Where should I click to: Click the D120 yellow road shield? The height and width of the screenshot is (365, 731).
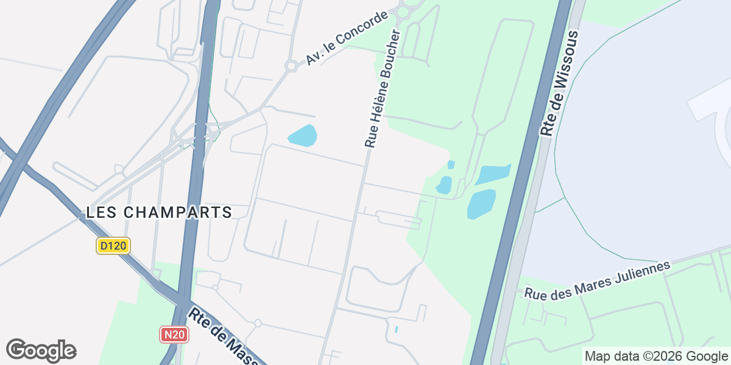pyautogui.click(x=113, y=246)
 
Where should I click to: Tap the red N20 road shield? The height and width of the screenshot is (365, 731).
pyautogui.click(x=174, y=334)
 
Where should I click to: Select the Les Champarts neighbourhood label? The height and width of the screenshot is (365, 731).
pyautogui.click(x=159, y=212)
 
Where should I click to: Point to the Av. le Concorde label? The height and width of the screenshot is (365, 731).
pyautogui.click(x=347, y=38)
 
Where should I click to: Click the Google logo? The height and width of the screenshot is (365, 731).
pyautogui.click(x=41, y=350)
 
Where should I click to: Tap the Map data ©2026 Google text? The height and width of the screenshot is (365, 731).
pyautogui.click(x=656, y=356)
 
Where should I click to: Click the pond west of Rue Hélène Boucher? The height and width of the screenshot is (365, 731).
pyautogui.click(x=302, y=136)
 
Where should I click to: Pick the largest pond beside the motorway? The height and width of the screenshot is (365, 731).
pyautogui.click(x=481, y=204)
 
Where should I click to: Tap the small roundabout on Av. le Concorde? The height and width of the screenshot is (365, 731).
pyautogui.click(x=291, y=65)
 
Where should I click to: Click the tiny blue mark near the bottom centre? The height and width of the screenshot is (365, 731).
pyautogui.click(x=397, y=329)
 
